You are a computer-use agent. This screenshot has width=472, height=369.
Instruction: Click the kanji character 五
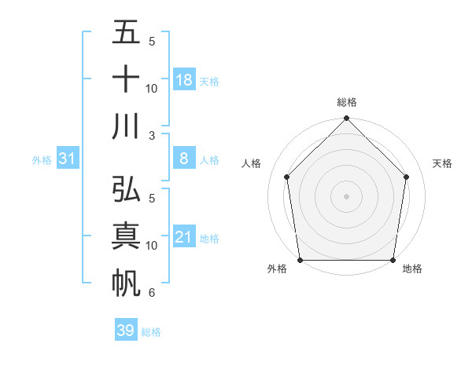coord(127,33)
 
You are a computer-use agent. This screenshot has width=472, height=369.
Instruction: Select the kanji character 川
coord(127,126)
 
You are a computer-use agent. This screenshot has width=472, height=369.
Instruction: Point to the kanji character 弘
coord(127,191)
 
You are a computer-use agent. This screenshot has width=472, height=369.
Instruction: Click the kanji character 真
coord(127,237)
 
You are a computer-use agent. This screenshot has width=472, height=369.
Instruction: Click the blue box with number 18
coord(184,80)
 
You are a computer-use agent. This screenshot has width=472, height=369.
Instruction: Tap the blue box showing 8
coord(184,159)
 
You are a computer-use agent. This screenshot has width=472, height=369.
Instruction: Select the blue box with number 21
coord(184,237)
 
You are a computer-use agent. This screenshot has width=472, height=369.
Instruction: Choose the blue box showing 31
coord(68,159)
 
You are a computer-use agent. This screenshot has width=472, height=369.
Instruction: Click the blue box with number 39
coord(126,331)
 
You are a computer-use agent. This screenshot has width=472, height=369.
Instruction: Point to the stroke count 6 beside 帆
coord(151,294)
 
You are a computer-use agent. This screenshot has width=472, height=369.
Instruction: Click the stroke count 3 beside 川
coord(151,136)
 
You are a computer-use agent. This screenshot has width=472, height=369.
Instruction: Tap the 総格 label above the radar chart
coord(347,103)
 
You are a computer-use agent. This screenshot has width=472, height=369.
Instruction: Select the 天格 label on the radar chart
coord(443,163)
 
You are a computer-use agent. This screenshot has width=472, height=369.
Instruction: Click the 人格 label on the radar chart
coord(251,163)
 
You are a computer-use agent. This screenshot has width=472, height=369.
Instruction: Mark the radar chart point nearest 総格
coord(347,119)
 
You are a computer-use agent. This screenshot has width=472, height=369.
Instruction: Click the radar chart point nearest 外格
coord(300,260)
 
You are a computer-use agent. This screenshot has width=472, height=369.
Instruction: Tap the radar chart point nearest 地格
coord(393,260)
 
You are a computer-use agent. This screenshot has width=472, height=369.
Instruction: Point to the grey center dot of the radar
coord(347,195)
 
